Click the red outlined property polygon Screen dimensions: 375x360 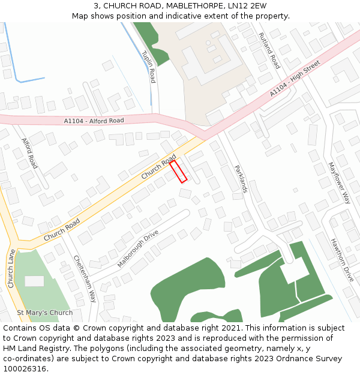pos(178,171)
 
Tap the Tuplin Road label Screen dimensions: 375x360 pos(149,67)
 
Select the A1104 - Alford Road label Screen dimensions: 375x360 pos(94,121)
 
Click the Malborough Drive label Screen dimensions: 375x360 pos(138,248)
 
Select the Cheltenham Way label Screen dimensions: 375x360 pos(85,278)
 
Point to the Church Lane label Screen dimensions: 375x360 pos(11,268)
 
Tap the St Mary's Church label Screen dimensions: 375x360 pos(44,313)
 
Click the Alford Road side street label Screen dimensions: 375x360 pos(29,153)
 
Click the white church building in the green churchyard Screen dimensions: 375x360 pos(34,281)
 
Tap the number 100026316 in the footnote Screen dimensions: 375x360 pos(25,368)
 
